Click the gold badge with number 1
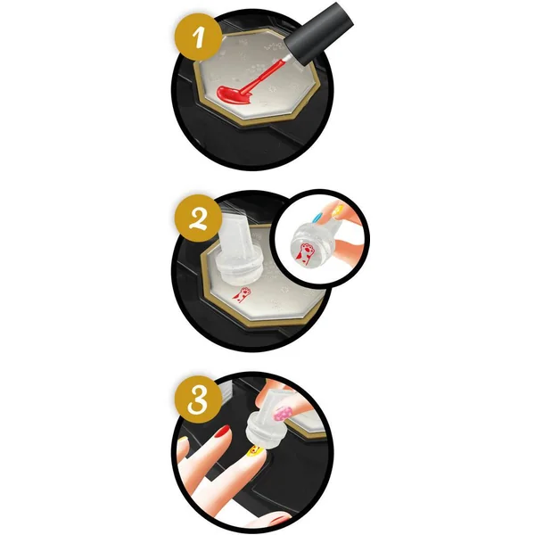(x=198, y=37)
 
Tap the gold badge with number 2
(x=198, y=218)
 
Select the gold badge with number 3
(x=198, y=399)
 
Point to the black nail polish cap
(x=319, y=33)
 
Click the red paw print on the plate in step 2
(x=242, y=294)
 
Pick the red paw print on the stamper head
(x=305, y=253)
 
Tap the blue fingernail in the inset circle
(x=317, y=218)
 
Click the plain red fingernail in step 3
(x=222, y=432)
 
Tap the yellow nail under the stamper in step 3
(x=254, y=451)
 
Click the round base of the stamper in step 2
(x=239, y=268)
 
